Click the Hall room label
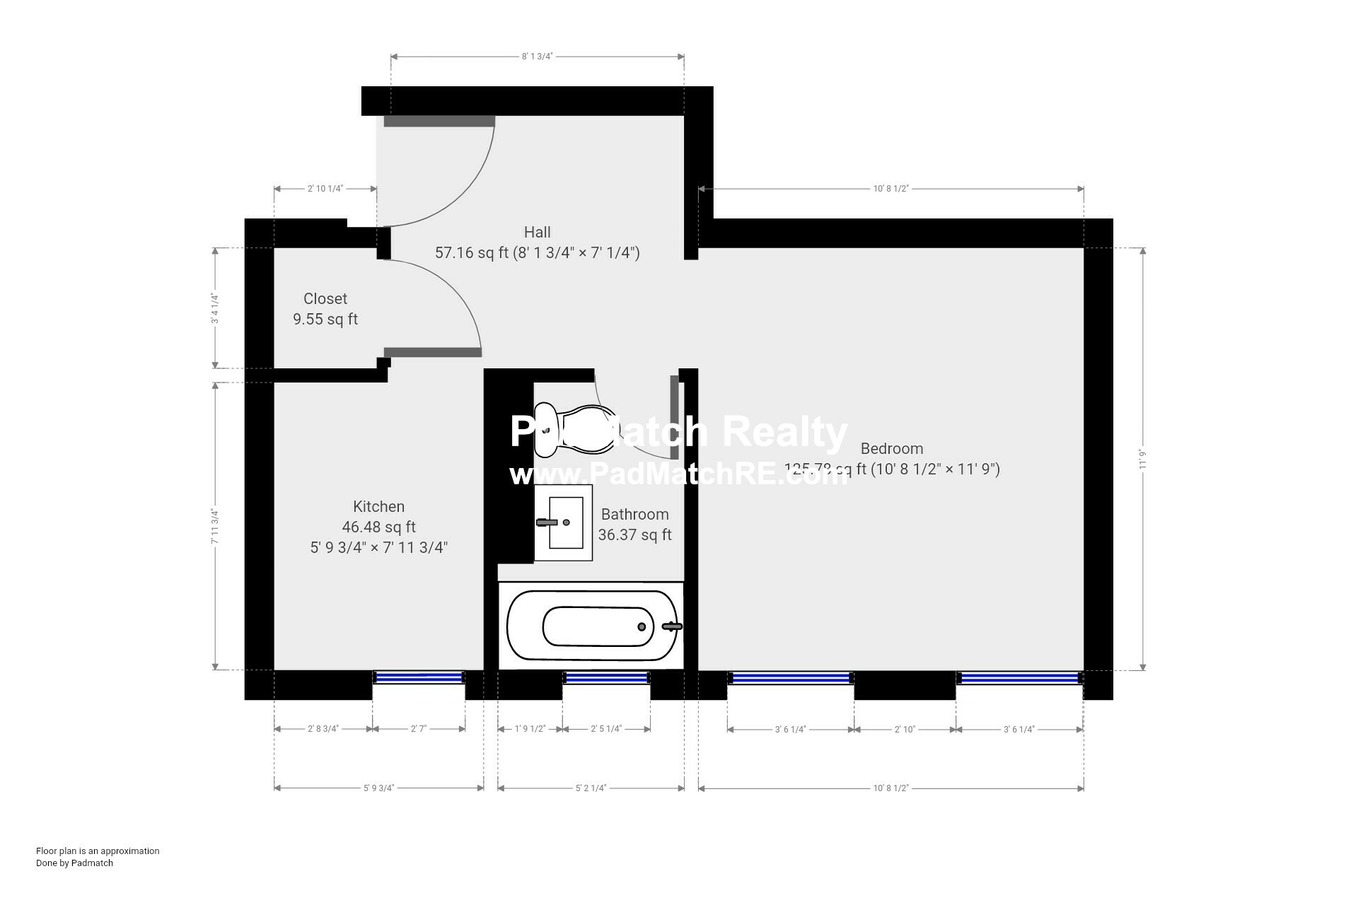537,232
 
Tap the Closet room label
325,298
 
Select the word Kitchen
378,506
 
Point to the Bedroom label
891,448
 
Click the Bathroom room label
634,514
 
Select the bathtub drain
642,626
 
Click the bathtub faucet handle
672,626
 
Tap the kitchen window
418,677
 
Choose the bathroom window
606,678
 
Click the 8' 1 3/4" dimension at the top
537,56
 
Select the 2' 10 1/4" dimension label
325,189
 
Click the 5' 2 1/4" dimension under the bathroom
591,788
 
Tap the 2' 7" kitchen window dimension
419,729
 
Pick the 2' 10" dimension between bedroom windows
905,729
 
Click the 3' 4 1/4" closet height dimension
215,308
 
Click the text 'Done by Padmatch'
74,863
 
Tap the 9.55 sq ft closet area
325,319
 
